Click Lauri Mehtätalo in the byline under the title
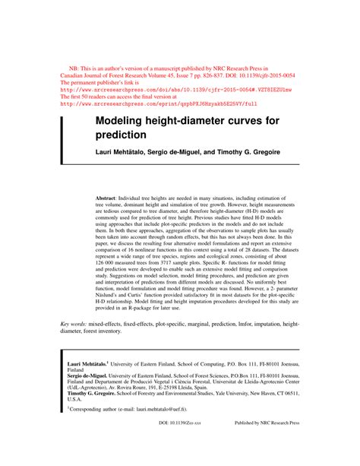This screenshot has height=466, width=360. [123, 154]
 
